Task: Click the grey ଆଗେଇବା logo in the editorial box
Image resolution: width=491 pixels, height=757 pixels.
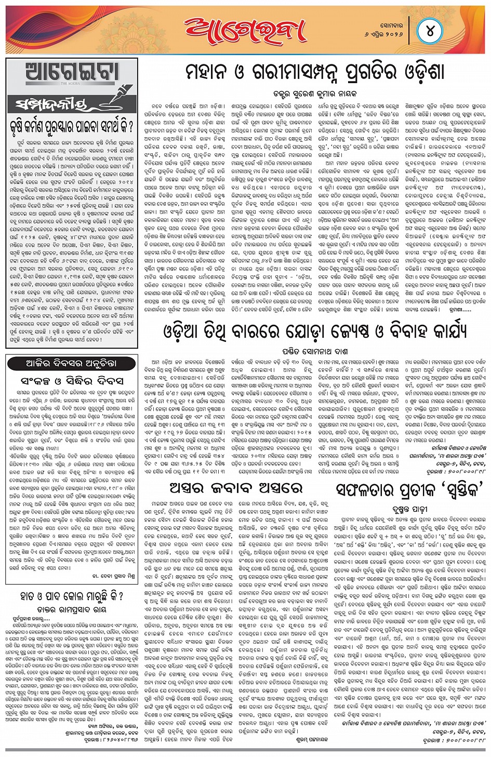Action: pos(72,73)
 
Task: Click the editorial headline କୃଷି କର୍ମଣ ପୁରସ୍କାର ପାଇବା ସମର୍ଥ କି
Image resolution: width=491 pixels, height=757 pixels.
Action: pos(71,126)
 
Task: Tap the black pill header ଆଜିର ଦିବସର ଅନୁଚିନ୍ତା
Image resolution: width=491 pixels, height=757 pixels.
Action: pos(71,363)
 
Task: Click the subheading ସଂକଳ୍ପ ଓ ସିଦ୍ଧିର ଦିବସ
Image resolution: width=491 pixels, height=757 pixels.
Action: pos(72,381)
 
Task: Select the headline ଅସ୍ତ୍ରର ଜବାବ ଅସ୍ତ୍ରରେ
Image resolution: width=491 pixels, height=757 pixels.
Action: pos(236,488)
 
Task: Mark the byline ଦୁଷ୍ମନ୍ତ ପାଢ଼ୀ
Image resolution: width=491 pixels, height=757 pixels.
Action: pos(410,510)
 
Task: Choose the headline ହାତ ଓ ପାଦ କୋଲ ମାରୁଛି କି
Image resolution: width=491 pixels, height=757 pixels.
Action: pos(71,596)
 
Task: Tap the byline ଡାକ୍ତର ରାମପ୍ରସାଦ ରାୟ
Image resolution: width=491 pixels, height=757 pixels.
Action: pos(71,610)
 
